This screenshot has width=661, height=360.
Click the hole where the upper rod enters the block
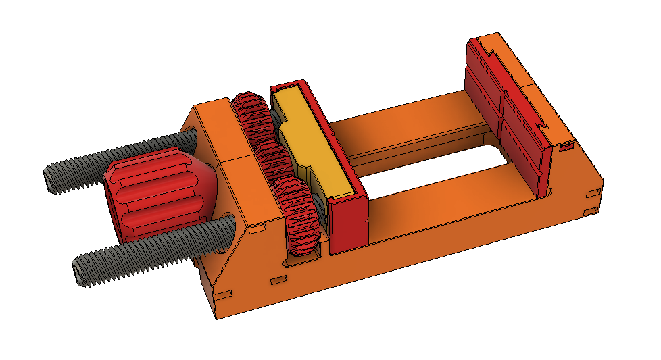coord(190,138)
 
